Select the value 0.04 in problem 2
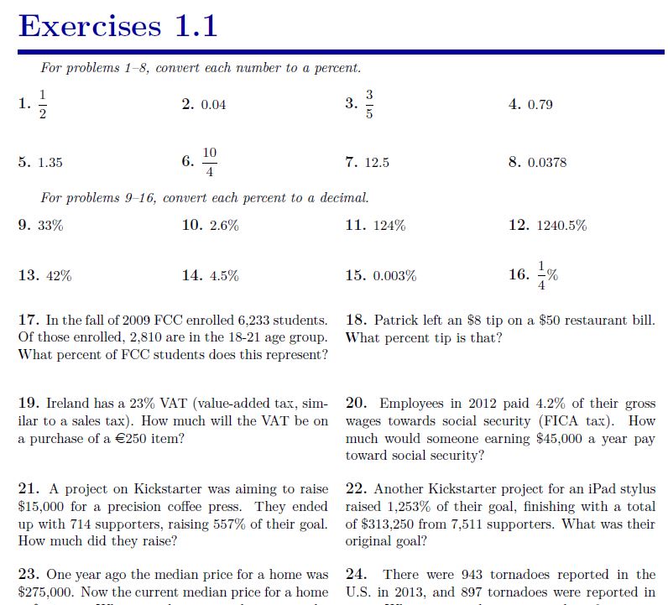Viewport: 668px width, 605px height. [213, 105]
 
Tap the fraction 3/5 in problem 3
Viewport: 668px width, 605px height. [368, 104]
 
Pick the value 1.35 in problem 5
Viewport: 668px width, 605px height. [50, 163]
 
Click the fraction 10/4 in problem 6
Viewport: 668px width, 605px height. [209, 162]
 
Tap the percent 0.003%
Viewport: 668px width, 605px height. [394, 276]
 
